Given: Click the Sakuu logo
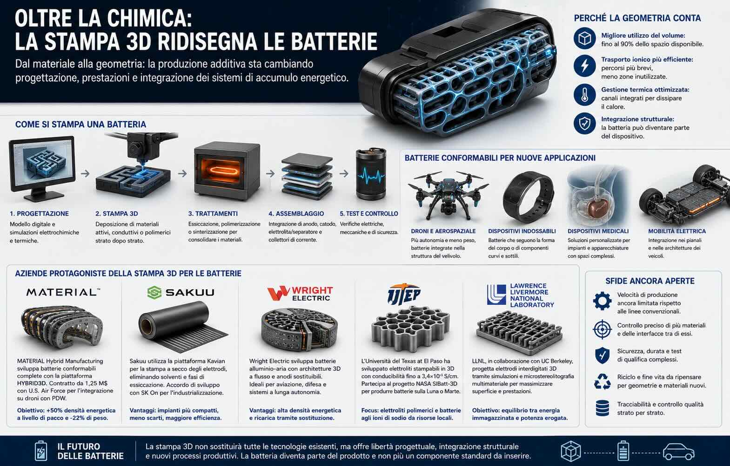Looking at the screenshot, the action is [x=181, y=292].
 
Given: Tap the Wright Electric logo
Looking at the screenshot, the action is [x=300, y=293].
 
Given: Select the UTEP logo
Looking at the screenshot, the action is [x=404, y=294].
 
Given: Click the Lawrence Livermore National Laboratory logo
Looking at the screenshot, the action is [x=521, y=295].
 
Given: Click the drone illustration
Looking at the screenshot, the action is [x=449, y=195].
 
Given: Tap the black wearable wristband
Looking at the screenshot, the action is [x=528, y=193].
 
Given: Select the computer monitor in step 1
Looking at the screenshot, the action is [x=42, y=168].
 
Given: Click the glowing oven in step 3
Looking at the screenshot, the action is [x=227, y=171].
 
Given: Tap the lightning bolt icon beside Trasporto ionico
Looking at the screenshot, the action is [x=585, y=66].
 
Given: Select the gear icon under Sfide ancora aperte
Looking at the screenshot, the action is [x=602, y=301].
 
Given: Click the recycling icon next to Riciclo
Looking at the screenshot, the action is [x=602, y=381].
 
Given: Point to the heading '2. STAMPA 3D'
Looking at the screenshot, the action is [x=117, y=214].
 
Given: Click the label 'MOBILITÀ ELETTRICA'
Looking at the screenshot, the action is [x=677, y=231].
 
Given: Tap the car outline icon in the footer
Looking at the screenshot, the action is [x=678, y=451].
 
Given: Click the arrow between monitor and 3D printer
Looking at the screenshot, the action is [x=85, y=173].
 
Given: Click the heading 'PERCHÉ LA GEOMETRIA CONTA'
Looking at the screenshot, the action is [x=637, y=18].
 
